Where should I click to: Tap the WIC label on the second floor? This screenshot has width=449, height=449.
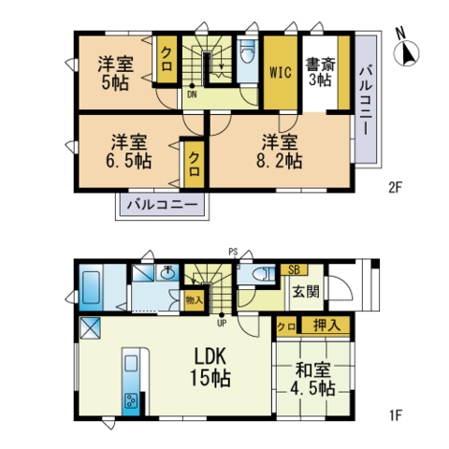[281, 72]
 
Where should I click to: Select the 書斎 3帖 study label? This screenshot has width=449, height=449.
[320, 72]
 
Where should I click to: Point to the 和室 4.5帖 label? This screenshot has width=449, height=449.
[312, 380]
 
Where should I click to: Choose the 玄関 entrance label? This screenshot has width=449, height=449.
[306, 292]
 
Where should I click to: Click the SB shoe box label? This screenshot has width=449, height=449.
[294, 269]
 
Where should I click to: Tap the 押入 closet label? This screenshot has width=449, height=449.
[326, 326]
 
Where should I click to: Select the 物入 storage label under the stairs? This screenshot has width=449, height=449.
[194, 300]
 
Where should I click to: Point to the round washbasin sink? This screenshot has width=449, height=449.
[168, 273]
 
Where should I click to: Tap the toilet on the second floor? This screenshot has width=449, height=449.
[248, 51]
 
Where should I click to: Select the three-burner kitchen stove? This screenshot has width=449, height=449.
[131, 400]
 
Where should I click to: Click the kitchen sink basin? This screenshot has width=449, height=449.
[131, 363]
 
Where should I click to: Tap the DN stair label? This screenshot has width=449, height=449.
[192, 94]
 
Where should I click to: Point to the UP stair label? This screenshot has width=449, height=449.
[222, 324]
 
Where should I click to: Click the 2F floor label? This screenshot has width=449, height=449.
[396, 188]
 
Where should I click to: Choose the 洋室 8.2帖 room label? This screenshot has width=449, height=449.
[280, 152]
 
